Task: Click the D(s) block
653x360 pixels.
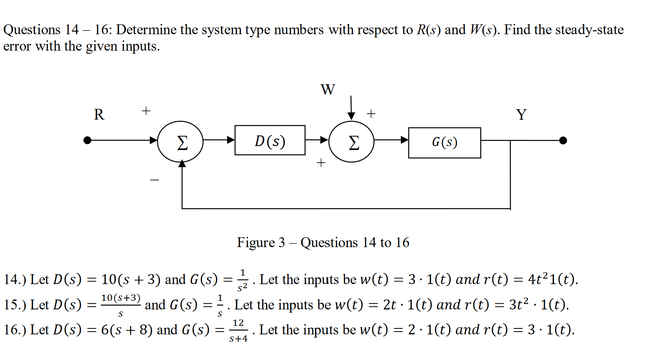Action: (270, 140)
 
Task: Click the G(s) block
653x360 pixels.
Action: (444, 142)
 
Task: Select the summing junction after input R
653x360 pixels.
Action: (180, 141)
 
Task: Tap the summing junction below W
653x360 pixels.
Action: (351, 141)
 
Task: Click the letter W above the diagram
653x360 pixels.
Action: (327, 90)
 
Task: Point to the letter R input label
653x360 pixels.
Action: (99, 114)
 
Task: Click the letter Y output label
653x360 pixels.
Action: (521, 115)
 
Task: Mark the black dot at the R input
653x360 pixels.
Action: (87, 140)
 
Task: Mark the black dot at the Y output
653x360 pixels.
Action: (563, 140)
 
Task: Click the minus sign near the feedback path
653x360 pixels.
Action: (154, 180)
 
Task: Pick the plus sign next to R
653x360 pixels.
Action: (146, 111)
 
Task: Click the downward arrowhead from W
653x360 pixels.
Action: (351, 116)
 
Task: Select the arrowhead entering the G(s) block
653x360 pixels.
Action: (404, 140)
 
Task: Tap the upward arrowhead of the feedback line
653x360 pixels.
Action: (182, 164)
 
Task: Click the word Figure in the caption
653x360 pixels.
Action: (256, 242)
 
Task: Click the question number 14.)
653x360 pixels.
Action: (15, 279)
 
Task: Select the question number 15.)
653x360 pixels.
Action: (15, 305)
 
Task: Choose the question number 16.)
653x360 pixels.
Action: (15, 330)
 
